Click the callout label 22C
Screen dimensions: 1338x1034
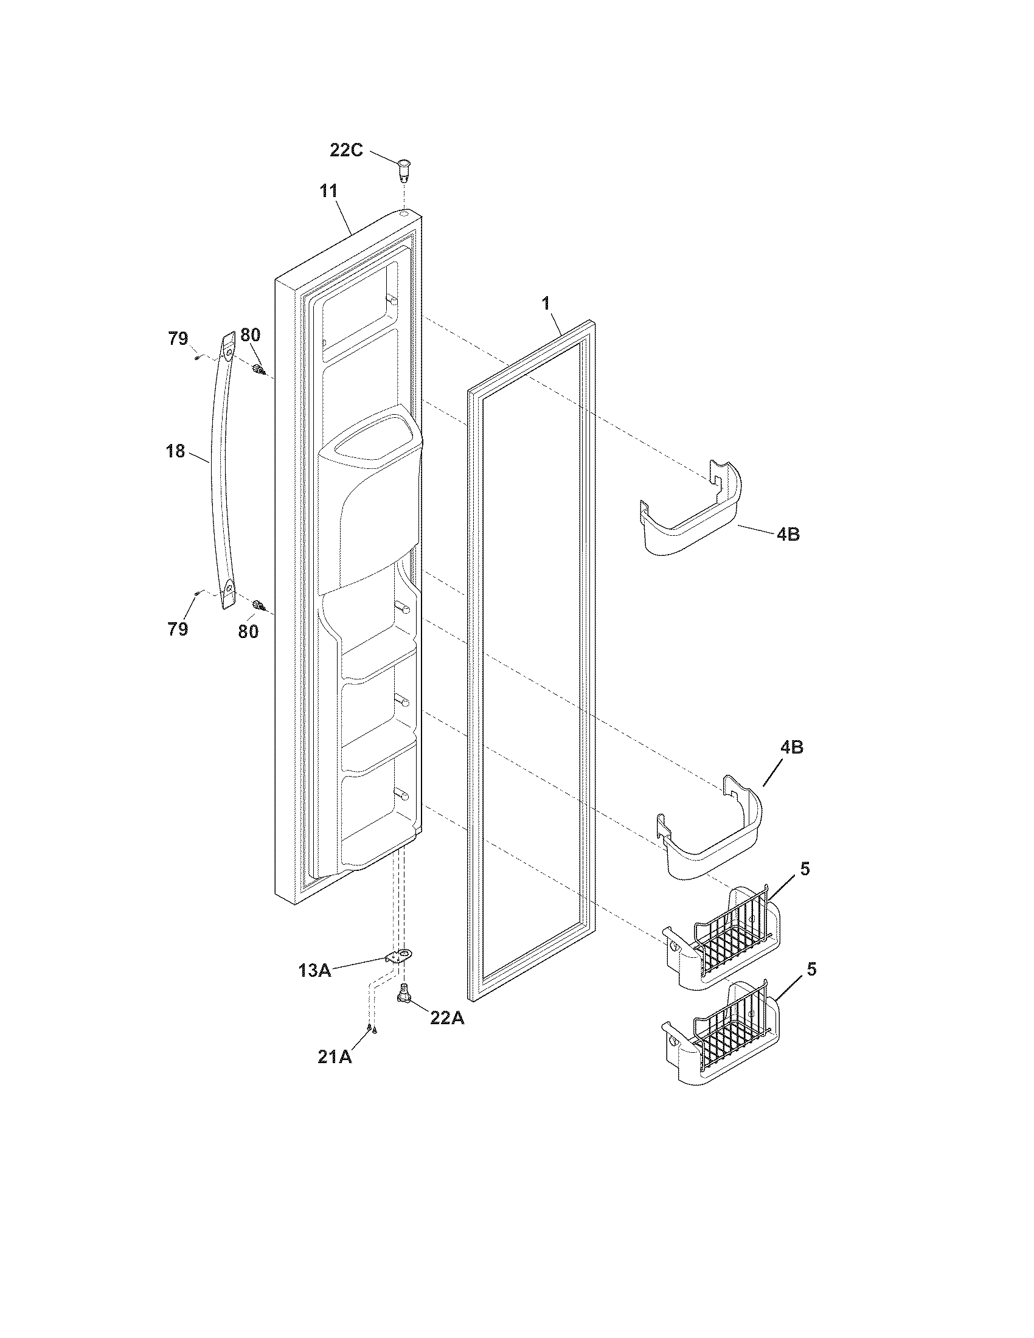pos(346,150)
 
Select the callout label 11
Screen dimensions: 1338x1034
pos(329,190)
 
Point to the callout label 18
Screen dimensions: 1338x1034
pos(175,451)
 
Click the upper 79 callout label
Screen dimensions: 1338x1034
pos(178,338)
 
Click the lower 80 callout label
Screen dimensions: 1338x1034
pos(248,631)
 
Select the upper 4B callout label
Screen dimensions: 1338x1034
pos(788,533)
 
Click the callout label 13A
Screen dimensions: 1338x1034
pos(315,970)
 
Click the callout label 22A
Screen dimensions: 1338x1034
pos(446,1017)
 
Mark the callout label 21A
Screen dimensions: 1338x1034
pos(335,1056)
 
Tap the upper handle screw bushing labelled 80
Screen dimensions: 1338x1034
pos(258,369)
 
